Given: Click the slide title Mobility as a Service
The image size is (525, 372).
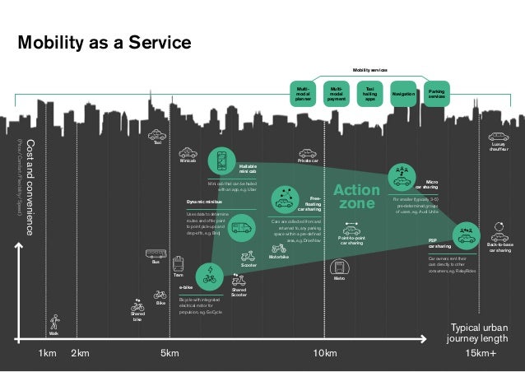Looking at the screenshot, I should point(105,42).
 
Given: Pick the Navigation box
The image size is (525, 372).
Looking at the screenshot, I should point(403,94).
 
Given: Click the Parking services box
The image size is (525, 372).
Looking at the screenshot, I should point(437,94).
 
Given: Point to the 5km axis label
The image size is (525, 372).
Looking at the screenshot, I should point(169,354).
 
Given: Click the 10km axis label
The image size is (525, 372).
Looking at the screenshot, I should point(327,354).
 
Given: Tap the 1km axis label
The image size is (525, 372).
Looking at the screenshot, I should point(48,354).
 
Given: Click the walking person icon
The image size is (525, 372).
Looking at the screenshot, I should point(54,321).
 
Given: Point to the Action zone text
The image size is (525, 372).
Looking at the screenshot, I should point(356,196).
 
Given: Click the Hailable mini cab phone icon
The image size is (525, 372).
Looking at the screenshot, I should point(221,159).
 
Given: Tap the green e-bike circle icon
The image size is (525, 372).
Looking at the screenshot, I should point(210,274).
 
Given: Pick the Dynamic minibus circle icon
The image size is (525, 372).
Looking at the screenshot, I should point(241,226).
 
